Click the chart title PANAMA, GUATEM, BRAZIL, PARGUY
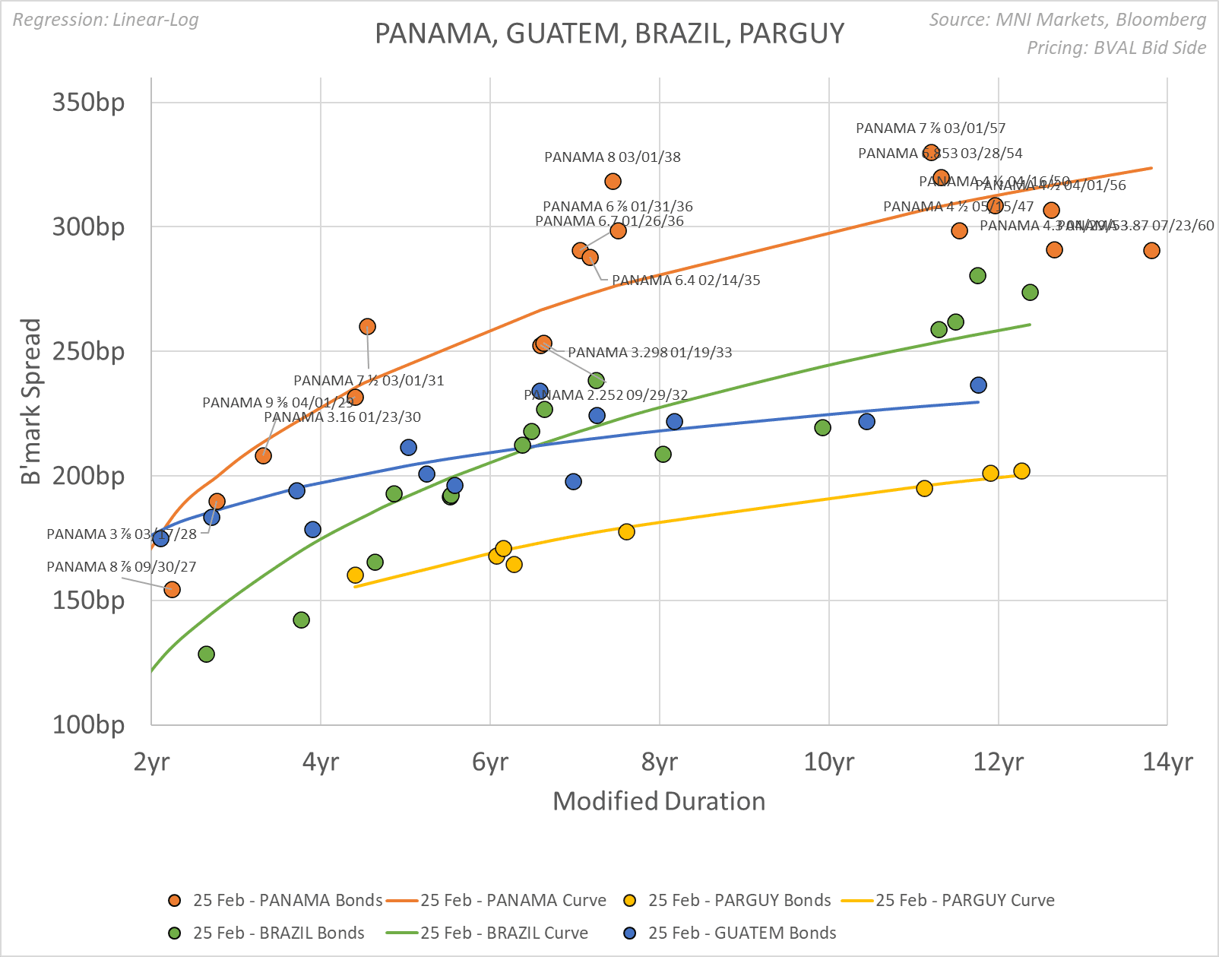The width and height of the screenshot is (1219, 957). coord(609,33)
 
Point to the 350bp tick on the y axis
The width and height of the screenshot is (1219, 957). coord(88,102)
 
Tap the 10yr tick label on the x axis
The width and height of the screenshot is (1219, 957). coord(828,761)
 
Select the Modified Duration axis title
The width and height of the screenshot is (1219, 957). coord(659,801)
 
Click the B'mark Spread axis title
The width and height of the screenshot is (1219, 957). coord(30,401)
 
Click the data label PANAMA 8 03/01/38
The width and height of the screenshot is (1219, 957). coord(613,157)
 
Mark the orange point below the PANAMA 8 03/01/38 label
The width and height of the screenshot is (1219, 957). coord(613,181)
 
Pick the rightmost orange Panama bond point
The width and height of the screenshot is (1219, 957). coord(1151,250)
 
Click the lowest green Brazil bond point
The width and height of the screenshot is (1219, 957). coord(206,654)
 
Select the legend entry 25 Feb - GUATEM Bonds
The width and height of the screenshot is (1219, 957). coord(742,933)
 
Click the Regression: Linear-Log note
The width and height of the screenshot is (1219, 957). coord(106,20)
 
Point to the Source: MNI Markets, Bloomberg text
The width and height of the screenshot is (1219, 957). coord(1067,20)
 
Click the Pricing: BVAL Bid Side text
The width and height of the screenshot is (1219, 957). coord(1116,48)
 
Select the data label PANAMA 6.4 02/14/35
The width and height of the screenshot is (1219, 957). coord(685,280)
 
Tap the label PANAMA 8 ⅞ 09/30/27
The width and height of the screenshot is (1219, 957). coord(122,567)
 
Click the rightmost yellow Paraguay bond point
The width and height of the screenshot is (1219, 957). coord(1021,471)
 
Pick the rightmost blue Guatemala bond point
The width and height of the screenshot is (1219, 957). coord(978,385)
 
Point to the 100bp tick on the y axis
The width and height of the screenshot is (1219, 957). coord(88,724)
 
